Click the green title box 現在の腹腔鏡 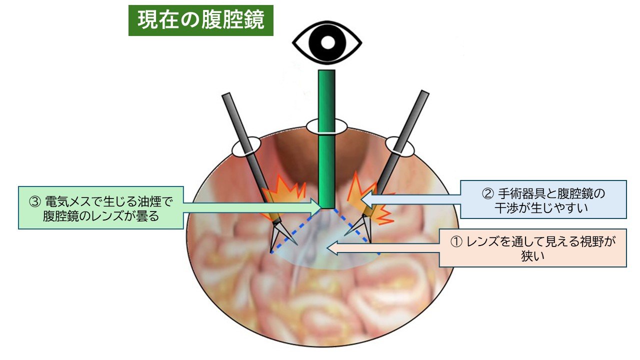(201, 20)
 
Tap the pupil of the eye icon (327, 42)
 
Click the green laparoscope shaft (326, 139)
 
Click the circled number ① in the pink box (456, 242)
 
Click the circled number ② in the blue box (487, 194)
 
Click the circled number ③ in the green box (35, 202)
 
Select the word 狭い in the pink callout (532, 256)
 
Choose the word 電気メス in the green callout (68, 201)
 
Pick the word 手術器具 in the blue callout (521, 194)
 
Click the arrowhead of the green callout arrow (315, 207)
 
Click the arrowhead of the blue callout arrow (366, 199)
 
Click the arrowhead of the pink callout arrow (332, 247)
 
